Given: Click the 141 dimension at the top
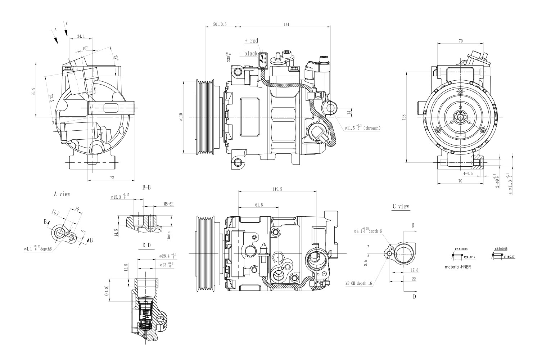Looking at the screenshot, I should tap(286, 24).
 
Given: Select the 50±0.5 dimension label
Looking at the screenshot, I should tap(220, 24).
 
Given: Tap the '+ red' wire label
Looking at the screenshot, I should tap(251, 41).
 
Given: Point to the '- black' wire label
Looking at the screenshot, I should tap(249, 53).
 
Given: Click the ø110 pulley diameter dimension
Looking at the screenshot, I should tap(181, 117).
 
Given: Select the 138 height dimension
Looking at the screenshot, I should tap(405, 117).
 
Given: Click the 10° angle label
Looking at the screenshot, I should tap(85, 48).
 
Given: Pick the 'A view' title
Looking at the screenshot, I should tap(62, 194).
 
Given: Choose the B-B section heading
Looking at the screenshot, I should tap(146, 188).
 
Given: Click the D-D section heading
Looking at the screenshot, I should tap(146, 245).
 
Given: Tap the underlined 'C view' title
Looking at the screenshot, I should tap(401, 207).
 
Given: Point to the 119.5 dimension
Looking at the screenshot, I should tap(277, 189).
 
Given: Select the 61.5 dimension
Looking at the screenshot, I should tap(258, 205).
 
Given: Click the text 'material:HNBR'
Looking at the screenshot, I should tap(458, 267).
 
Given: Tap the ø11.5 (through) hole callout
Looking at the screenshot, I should tap(362, 128).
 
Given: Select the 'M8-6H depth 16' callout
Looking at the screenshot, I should tap(358, 283).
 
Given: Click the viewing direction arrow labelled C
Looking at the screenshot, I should tap(66, 32).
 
